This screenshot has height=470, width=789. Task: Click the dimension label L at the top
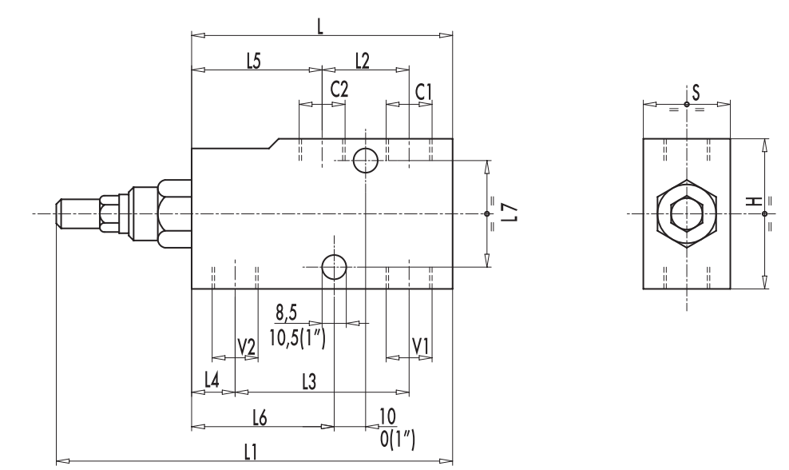[320, 26]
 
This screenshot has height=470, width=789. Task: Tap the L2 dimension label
[362, 62]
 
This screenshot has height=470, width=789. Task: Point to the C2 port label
[339, 90]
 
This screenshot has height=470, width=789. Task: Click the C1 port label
[424, 92]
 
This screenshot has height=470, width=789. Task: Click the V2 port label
[247, 347]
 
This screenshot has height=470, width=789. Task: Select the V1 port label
[421, 346]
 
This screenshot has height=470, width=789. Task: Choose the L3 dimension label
[310, 382]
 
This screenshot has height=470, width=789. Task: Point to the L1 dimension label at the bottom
[251, 452]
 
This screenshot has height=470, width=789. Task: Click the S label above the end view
[696, 91]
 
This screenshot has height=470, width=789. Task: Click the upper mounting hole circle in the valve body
[366, 161]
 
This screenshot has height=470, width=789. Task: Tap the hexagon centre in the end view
[686, 213]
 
